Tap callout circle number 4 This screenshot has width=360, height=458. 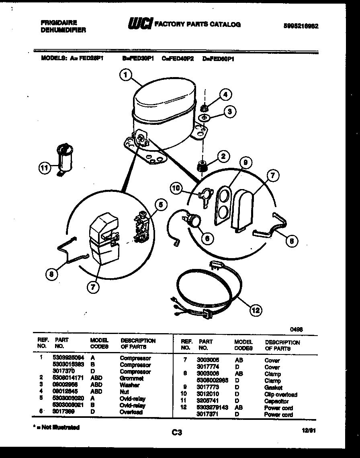click(x=225, y=95)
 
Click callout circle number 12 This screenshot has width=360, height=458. click(x=256, y=310)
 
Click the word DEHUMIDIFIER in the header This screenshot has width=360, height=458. click(x=63, y=30)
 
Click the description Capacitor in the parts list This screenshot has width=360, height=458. click(x=276, y=401)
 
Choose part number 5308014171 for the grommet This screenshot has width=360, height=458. click(x=68, y=378)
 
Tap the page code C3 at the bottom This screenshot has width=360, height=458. click(x=177, y=432)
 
